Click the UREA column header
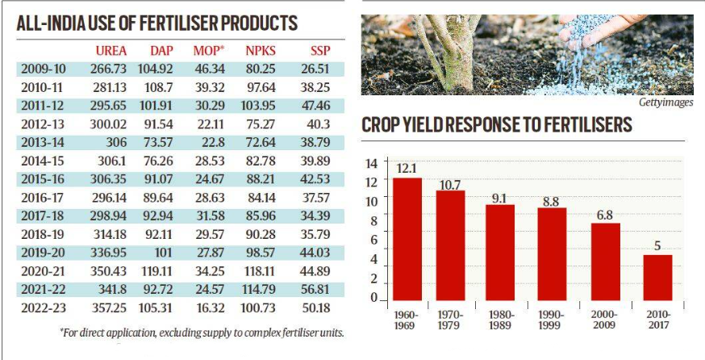tap(111, 50)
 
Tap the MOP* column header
tap(209, 50)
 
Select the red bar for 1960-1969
tap(407, 239)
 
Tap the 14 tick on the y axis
tap(372, 163)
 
